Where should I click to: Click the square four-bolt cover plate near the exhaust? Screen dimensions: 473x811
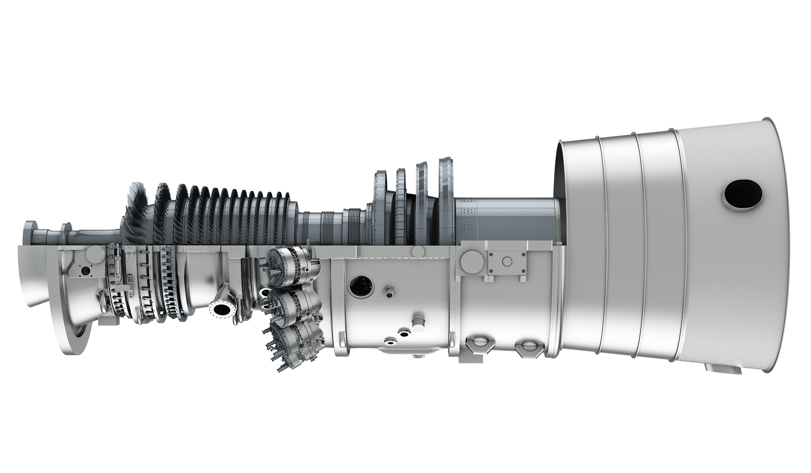[x=506, y=262]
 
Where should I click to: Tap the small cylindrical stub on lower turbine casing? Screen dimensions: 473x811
[x=419, y=321]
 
